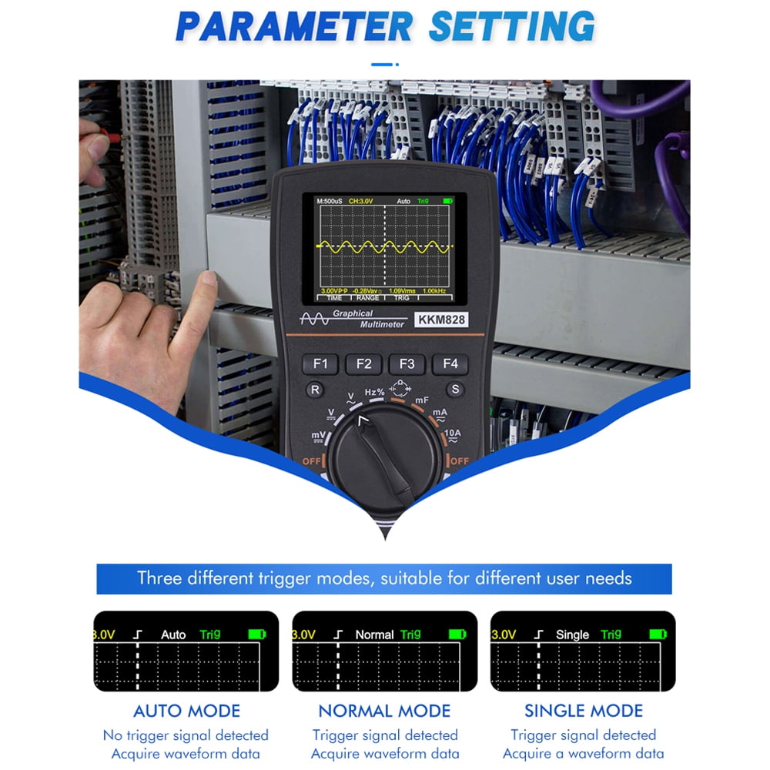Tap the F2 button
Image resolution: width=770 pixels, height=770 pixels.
[x=363, y=364]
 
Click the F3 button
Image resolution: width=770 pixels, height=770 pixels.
[x=407, y=364]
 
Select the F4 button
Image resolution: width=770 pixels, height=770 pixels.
[x=450, y=364]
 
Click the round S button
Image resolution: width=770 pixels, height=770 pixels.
[x=455, y=390]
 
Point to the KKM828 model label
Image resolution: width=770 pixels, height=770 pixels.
[x=441, y=320]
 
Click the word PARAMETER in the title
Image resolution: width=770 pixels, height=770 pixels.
[x=294, y=27]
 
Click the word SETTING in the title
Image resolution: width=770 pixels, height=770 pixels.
[x=511, y=27]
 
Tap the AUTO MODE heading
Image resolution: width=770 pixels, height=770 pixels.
[x=186, y=711]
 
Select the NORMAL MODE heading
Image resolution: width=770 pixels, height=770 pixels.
[x=384, y=711]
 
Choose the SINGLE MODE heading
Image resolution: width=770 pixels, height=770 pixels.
[x=584, y=711]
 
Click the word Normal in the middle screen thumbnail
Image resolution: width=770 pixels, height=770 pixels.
[x=374, y=634]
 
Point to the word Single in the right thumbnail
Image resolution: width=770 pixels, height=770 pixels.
[x=572, y=634]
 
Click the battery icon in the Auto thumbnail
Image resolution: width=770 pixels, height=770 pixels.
[x=257, y=634]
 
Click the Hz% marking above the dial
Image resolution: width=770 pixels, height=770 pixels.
[x=375, y=392]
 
